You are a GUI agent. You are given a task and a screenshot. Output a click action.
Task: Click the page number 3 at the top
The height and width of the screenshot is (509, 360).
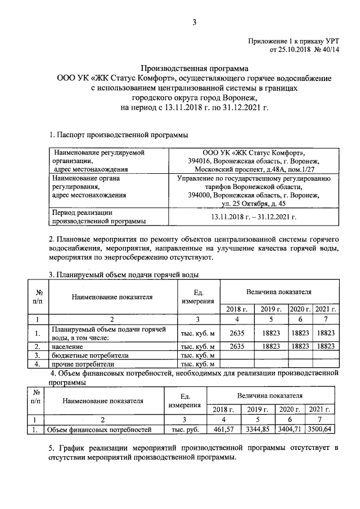(x=194, y=22)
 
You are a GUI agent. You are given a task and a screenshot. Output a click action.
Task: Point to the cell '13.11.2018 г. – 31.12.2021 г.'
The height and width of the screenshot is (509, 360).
(x=253, y=217)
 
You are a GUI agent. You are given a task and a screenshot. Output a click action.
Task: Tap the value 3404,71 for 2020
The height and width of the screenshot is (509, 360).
(x=290, y=430)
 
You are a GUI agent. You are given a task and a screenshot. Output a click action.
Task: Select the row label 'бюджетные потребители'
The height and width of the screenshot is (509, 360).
(x=90, y=355)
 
